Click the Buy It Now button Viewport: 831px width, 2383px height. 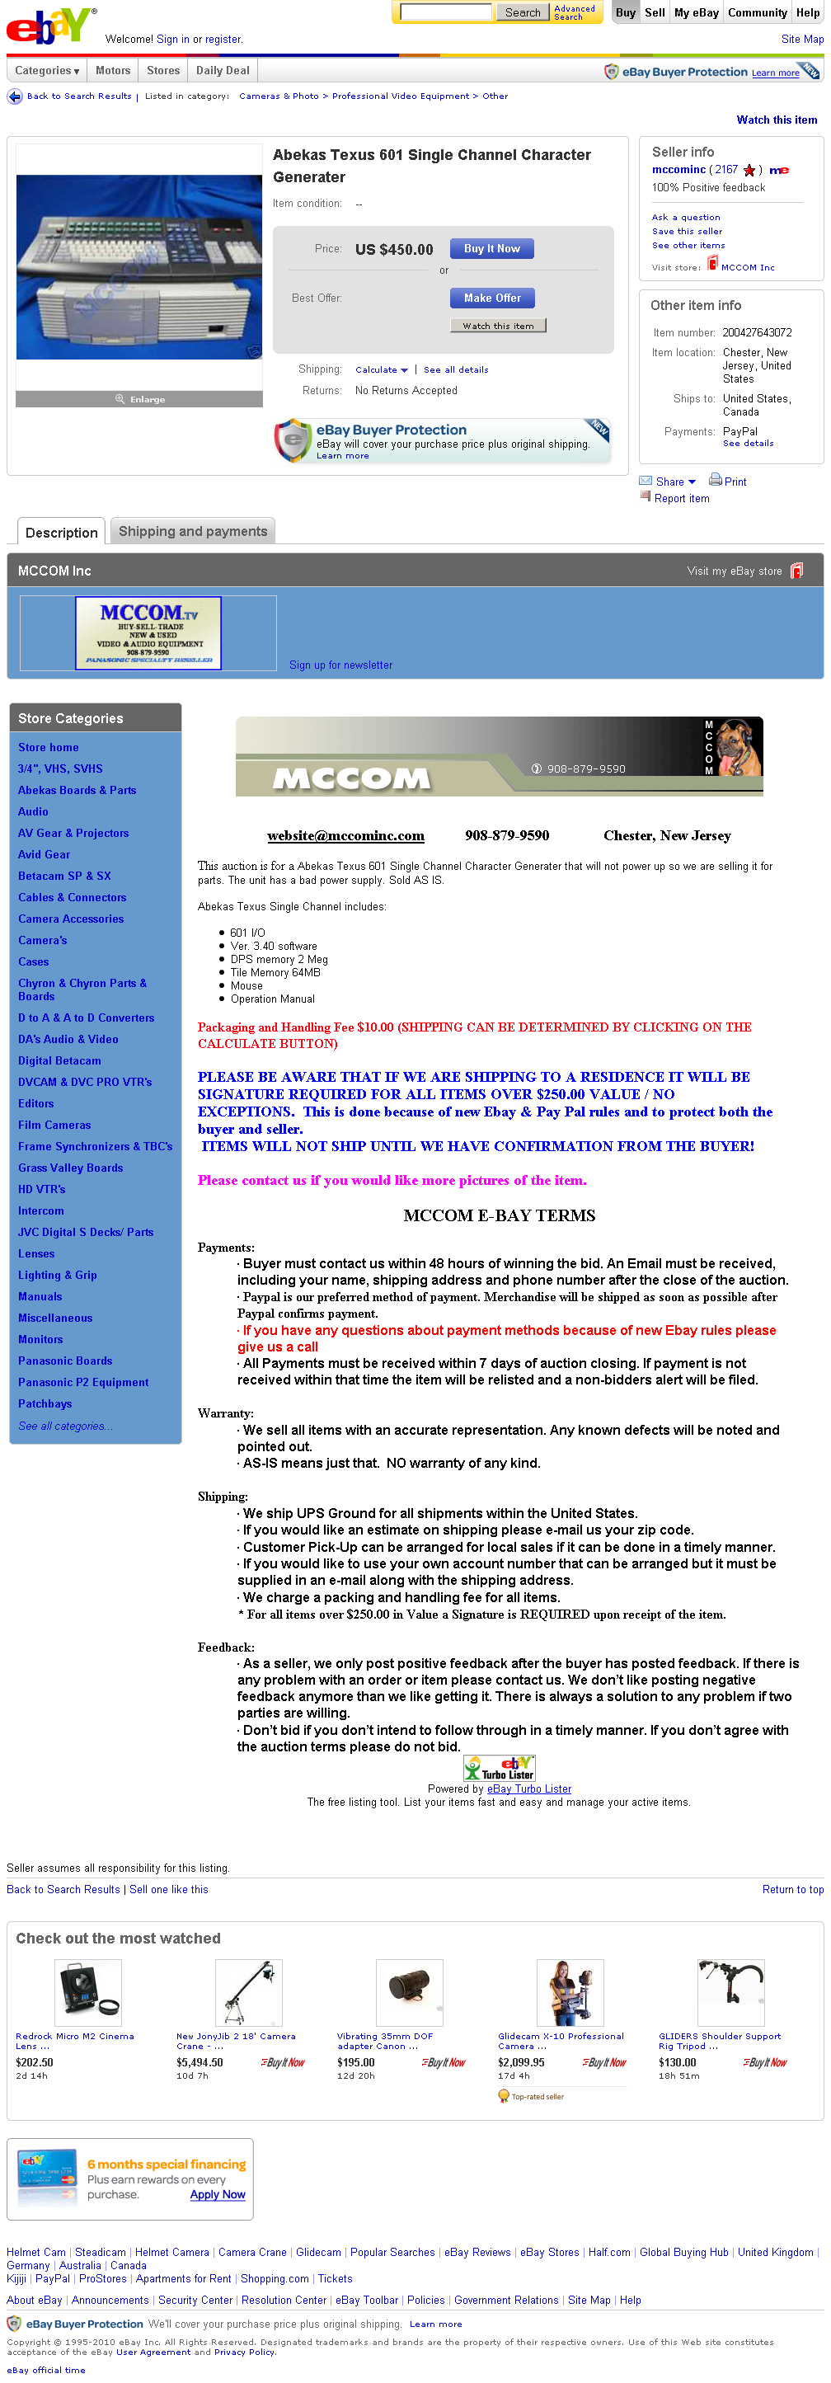(x=491, y=249)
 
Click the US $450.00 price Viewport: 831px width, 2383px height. (x=394, y=250)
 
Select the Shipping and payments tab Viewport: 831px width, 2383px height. (x=192, y=531)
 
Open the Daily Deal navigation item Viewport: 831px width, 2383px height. (x=222, y=70)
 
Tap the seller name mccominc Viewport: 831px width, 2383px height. (x=678, y=170)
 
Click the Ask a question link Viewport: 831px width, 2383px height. (x=686, y=218)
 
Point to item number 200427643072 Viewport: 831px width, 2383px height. (x=757, y=333)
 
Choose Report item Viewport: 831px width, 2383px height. (x=681, y=499)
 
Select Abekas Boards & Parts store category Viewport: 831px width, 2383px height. (x=77, y=790)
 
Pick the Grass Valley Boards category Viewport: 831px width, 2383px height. (x=70, y=1168)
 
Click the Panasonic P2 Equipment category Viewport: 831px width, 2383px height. (x=83, y=1382)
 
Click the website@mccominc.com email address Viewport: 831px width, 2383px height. (x=345, y=835)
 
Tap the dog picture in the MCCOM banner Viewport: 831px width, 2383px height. (x=739, y=747)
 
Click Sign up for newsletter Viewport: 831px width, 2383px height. (x=340, y=665)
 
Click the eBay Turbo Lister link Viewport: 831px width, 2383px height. (x=528, y=1789)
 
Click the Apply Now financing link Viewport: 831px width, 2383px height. (x=218, y=2194)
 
